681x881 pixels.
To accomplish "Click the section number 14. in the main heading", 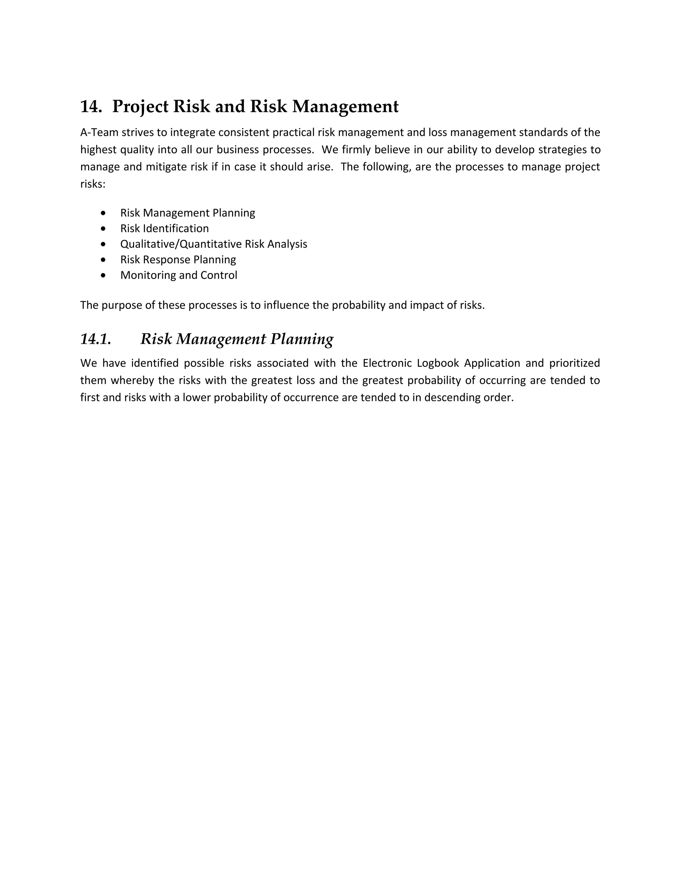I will point(91,106).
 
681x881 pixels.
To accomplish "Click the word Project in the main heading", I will point(140,106).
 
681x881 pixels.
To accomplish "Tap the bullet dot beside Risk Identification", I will point(104,229).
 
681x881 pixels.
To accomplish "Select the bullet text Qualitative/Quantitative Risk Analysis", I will point(213,244).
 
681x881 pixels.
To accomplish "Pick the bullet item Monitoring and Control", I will point(178,275).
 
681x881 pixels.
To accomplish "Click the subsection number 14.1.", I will point(96,339).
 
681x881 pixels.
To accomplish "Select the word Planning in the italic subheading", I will point(302,339).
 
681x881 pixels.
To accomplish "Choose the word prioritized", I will point(575,363).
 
